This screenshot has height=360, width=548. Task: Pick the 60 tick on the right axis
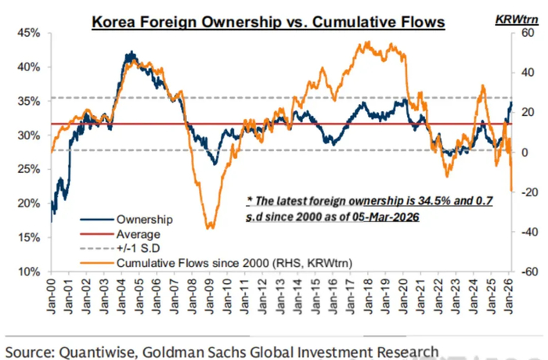click(523, 33)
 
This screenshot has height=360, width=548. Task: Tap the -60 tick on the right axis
click(523, 272)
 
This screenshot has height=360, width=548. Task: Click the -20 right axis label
click(523, 192)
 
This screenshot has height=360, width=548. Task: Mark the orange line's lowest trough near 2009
click(209, 228)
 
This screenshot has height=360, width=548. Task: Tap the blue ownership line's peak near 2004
click(132, 53)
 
